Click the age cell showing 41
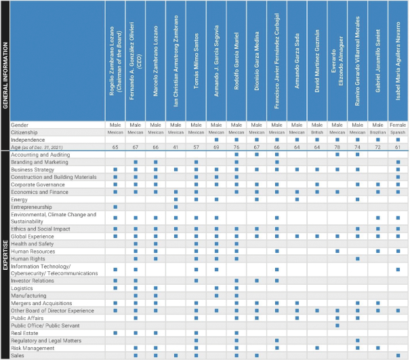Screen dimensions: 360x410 (176, 146)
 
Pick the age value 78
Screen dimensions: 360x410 (337, 146)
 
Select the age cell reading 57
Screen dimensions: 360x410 (196, 146)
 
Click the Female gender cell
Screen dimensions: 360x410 (398, 125)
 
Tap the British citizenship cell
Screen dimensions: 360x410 (316, 132)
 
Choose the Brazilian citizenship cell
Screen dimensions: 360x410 (377, 132)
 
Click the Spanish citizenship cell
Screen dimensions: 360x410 (398, 132)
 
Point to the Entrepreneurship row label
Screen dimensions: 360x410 (33, 206)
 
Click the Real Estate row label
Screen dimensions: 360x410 (25, 333)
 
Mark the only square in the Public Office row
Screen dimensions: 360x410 (337, 325)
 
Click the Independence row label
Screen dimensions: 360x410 (27, 139)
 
